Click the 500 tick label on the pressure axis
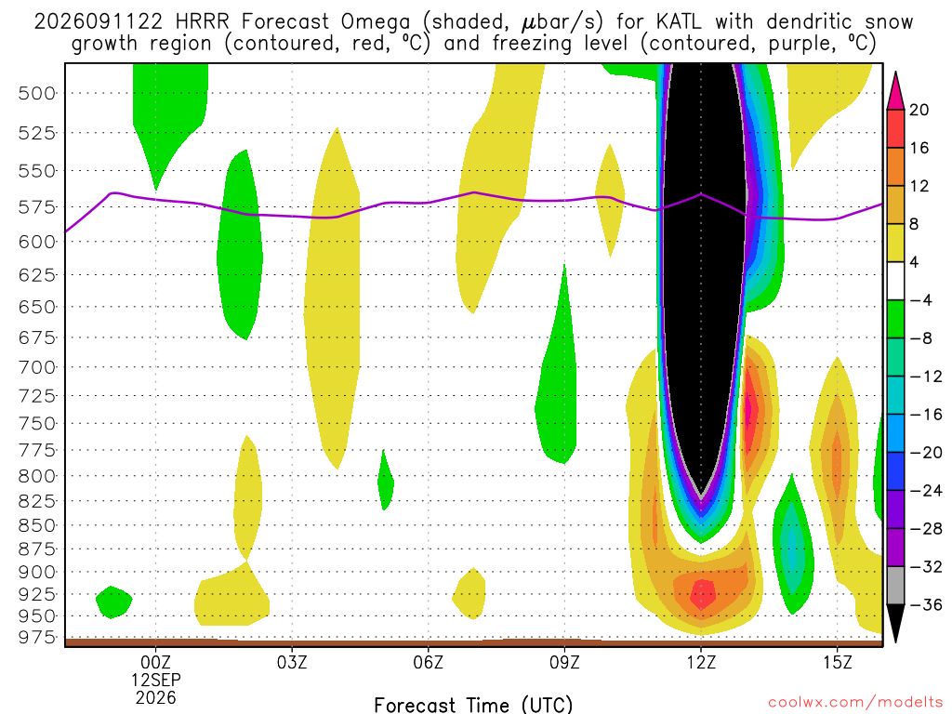point(37,94)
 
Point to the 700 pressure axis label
point(37,367)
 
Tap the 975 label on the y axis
point(37,638)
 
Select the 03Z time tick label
point(292,662)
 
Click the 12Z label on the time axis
point(701,662)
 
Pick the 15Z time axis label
point(838,662)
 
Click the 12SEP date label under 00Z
point(156,680)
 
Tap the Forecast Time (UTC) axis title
point(473,705)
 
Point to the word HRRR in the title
point(202,22)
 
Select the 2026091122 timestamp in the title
point(99,22)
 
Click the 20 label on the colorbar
point(919,110)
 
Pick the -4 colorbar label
point(920,300)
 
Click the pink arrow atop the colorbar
point(895,91)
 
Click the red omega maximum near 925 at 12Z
point(703,594)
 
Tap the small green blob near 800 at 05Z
point(386,481)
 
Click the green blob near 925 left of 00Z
point(114,602)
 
